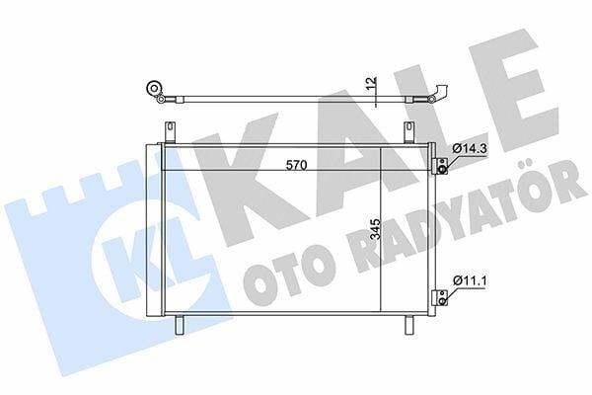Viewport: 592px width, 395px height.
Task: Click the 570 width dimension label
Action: coord(296,165)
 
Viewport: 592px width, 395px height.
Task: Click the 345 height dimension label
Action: coord(375,229)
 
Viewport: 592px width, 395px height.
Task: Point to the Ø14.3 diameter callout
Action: coord(470,148)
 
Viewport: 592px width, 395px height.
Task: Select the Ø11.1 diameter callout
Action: coord(470,280)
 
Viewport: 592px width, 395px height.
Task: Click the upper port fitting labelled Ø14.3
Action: coord(441,166)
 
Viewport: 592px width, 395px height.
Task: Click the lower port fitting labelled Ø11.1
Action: coord(441,297)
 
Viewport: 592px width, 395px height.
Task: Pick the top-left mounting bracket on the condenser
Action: coord(170,131)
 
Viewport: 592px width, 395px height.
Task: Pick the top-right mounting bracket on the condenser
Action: coord(409,131)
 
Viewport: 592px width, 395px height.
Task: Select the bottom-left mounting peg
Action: coord(179,325)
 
